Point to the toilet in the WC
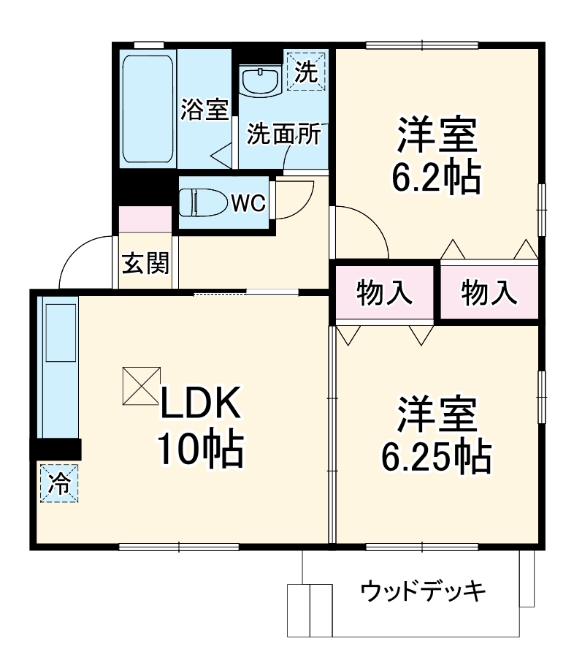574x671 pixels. [202, 201]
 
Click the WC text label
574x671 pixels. [248, 202]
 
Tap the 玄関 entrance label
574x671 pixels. [145, 263]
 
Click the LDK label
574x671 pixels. [199, 403]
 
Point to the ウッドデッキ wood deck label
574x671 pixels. [424, 591]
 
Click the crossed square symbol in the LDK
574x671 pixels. [140, 384]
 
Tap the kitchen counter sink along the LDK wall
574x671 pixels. [61, 333]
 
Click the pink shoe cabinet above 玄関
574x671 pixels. [145, 219]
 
